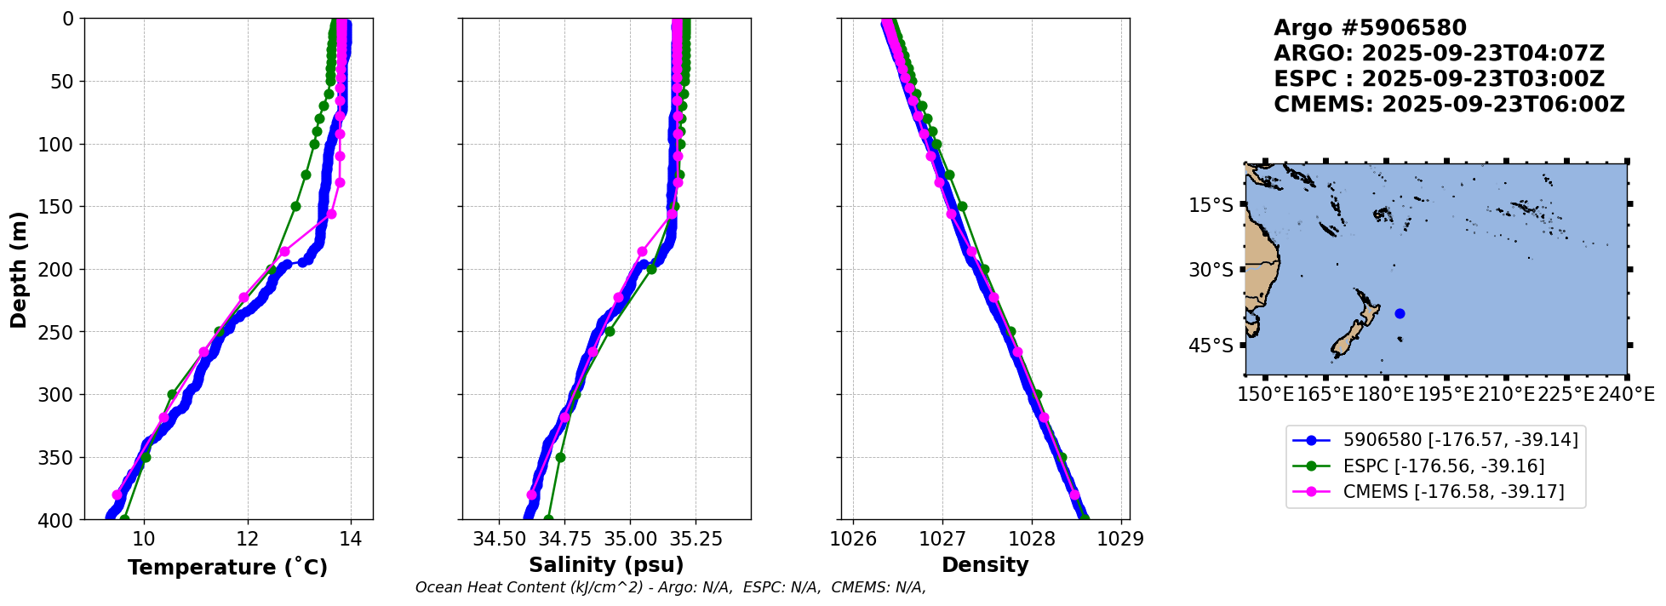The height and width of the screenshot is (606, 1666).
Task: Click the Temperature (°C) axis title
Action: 227,568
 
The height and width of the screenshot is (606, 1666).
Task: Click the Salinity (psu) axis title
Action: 606,565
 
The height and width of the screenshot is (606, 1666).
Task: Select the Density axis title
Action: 985,565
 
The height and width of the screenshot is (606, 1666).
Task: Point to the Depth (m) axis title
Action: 19,269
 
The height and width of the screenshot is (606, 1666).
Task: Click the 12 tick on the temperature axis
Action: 248,539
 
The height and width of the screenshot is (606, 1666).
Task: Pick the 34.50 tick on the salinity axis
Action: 500,539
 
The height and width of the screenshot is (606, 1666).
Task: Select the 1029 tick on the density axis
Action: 1121,539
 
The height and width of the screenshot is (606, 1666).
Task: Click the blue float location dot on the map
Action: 1400,313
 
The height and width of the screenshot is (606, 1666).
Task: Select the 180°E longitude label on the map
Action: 1386,394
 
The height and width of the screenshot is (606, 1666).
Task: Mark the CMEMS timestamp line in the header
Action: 1449,105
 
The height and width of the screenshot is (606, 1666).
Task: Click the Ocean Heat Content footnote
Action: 670,587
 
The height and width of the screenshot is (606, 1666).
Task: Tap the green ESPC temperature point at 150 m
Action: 295,206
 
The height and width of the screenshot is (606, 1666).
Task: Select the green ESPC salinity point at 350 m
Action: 560,457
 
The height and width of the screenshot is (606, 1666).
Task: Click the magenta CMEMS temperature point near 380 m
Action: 117,495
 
